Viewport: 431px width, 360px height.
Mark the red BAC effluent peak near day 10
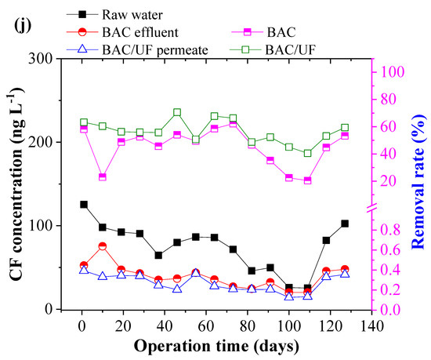[x=103, y=246]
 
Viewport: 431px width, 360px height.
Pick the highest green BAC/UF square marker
[x=177, y=113]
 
